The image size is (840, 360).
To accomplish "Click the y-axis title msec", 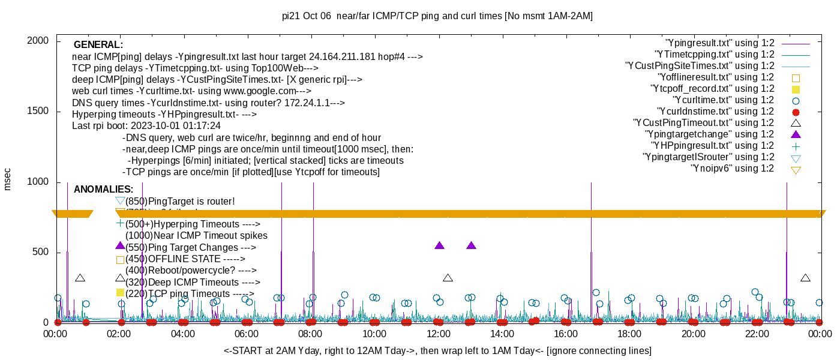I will pos(8,179).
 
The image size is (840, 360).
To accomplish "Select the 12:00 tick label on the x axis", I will pos(438,334).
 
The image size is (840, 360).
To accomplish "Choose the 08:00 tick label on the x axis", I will pos(310,334).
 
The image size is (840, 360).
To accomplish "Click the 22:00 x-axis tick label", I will pos(757,334).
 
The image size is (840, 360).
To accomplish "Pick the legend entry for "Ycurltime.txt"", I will pos(723,100).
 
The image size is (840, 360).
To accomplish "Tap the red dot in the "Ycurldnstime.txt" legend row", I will pos(796,112).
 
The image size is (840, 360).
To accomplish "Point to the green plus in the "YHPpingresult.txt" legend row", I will pos(796,146).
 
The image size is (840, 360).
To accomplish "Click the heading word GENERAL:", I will pos(98,45).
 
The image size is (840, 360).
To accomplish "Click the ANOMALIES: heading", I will pos(103,190).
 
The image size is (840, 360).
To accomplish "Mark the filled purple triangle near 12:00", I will pos(439,246).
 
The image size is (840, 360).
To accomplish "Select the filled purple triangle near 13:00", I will pos(471,246).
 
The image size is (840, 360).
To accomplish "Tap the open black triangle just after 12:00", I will pos(448,278).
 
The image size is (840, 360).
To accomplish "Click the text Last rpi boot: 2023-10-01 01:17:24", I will pos(146,126).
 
